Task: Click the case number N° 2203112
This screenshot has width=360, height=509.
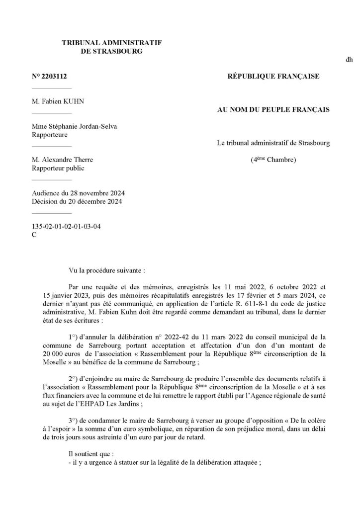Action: click(x=49, y=77)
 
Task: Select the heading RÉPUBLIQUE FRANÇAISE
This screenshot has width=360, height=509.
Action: click(x=273, y=77)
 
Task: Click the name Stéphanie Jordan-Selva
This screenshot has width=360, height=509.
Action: click(x=82, y=126)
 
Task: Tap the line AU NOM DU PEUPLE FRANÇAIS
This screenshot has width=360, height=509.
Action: click(x=273, y=109)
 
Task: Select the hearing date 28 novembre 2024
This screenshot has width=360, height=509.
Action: click(x=101, y=193)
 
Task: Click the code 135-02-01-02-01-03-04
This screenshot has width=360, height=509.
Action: click(x=66, y=226)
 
